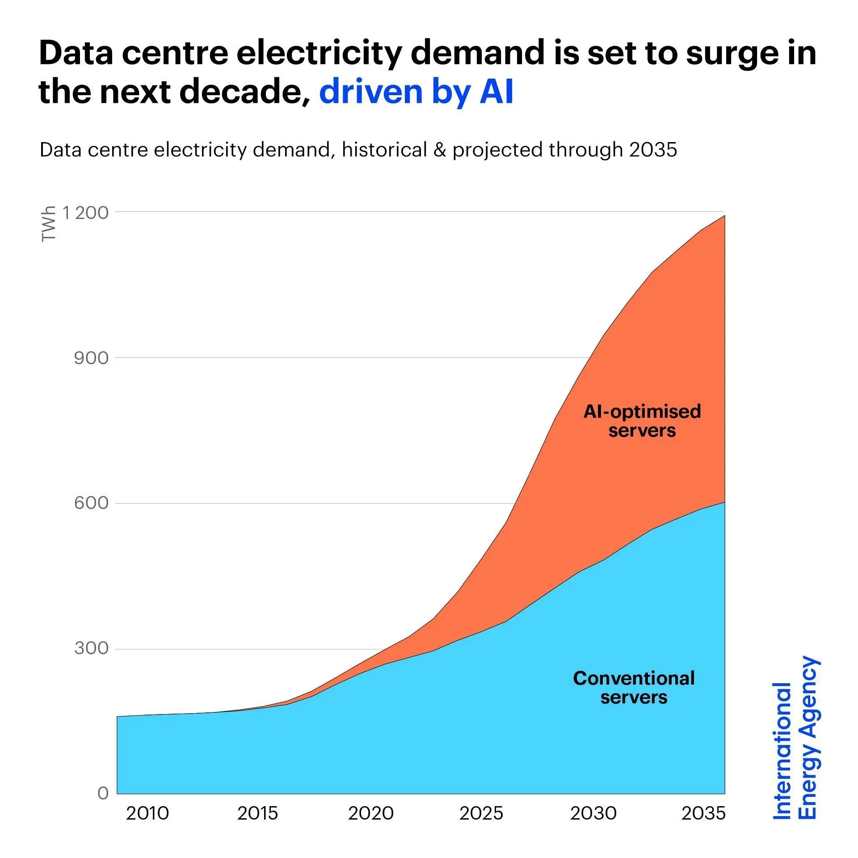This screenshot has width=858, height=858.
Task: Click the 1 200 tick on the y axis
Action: [85, 213]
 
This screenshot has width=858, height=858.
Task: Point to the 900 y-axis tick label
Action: [91, 358]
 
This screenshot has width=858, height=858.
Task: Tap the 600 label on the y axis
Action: [91, 503]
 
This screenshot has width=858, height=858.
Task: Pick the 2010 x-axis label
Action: [147, 813]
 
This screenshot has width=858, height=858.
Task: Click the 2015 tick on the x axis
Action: [258, 813]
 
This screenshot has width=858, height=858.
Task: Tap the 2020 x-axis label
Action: [370, 813]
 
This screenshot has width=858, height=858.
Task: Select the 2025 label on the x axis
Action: [481, 813]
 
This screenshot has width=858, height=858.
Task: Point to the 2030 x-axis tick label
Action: [593, 813]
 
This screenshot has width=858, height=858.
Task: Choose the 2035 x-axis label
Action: [703, 813]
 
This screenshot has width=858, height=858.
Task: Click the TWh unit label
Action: [48, 224]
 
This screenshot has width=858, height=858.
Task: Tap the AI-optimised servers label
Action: [642, 421]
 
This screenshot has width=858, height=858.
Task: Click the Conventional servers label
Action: [634, 687]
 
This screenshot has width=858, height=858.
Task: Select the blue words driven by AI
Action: [416, 92]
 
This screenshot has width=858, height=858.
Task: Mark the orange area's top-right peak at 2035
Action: [724, 216]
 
